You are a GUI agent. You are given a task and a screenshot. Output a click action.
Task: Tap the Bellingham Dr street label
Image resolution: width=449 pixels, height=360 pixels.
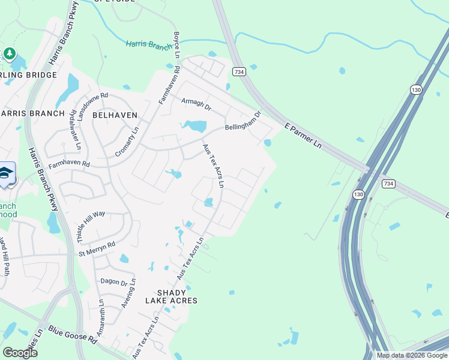pyautogui.click(x=243, y=121)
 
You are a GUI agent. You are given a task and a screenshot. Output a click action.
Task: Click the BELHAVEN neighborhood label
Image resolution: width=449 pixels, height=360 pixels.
pyautogui.click(x=115, y=115)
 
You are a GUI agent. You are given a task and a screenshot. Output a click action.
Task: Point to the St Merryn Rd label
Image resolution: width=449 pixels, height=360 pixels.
pyautogui.click(x=97, y=247)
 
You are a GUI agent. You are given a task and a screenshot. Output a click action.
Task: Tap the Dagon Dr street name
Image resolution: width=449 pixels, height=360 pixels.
pyautogui.click(x=115, y=282)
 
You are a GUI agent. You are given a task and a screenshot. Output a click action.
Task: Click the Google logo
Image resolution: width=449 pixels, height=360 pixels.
pyautogui.click(x=20, y=352)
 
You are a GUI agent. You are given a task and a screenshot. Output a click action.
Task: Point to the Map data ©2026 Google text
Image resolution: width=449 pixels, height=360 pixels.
pyautogui.click(x=411, y=355)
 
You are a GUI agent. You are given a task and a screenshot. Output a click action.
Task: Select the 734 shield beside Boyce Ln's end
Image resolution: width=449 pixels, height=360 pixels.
pyautogui.click(x=239, y=71)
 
